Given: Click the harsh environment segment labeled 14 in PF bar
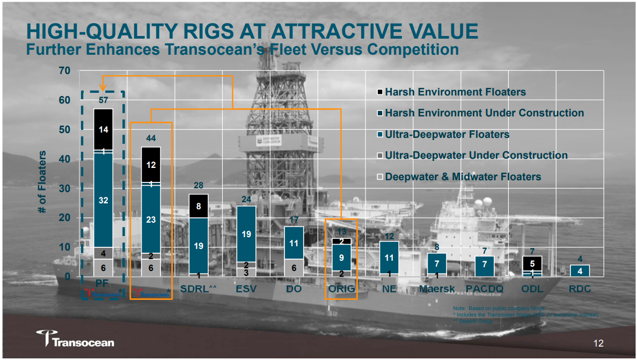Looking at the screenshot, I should coord(103,129).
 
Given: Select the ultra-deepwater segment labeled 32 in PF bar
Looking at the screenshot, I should coord(103,200).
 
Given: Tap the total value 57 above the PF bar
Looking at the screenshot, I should coord(103,100).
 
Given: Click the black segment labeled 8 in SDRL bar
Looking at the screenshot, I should coord(199,205).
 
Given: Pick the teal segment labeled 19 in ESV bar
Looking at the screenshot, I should coord(246,234).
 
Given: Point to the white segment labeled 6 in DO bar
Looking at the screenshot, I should coord(294,267).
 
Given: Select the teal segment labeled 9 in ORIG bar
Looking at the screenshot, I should coord(341,258).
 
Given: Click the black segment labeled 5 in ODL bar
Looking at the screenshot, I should coord(532,263).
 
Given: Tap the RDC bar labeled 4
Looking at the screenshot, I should coord(580,271).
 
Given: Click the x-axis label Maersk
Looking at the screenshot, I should coord(437,289).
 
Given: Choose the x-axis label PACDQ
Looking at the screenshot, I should coord(485,289).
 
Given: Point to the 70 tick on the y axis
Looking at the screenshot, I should coord(64,71).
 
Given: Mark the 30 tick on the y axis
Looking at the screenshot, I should coord(64,189).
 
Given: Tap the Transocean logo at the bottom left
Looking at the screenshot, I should coord(76,340).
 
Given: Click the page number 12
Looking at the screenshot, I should coord(598,343).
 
